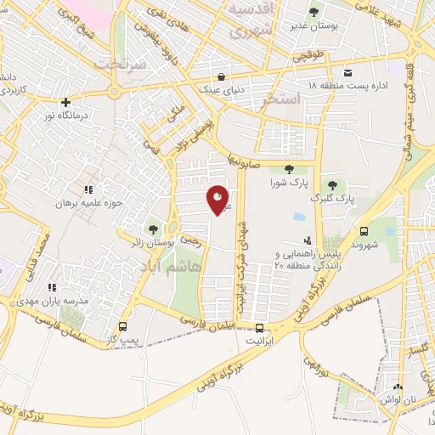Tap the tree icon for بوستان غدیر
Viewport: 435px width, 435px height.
pos(314,12)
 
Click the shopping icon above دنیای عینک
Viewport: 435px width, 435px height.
pos(222,74)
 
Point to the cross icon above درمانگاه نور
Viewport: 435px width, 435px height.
pos(65,102)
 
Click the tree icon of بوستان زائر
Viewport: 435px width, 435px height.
pos(154,229)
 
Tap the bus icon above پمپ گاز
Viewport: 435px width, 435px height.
pos(123,326)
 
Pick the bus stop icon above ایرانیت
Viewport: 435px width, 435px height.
pos(259,327)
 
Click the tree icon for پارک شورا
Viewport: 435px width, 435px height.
pos(290,169)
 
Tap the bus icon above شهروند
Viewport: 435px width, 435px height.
pos(364,231)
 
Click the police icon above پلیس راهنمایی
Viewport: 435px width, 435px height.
pos(308,240)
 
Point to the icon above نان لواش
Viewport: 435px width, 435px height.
pos(398,387)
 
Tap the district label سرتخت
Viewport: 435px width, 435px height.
pos(120,64)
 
